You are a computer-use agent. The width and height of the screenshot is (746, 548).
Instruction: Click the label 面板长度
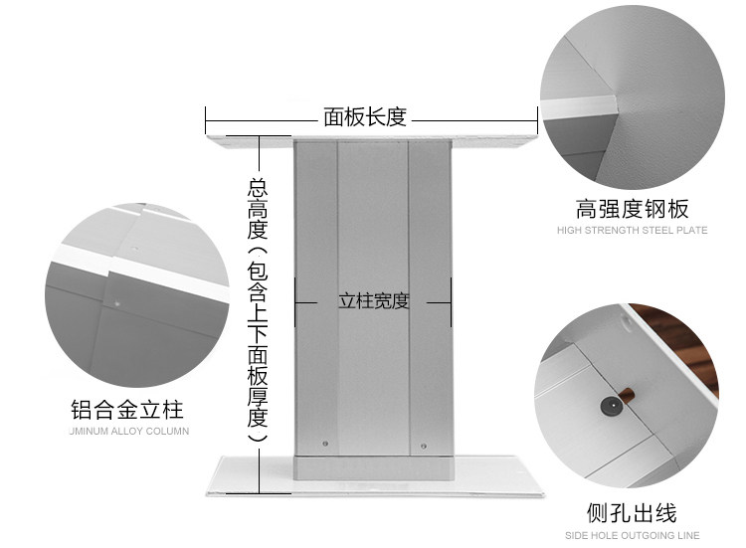pyautogui.click(x=365, y=117)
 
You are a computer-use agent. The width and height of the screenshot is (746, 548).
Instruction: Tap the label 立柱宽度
pyautogui.click(x=373, y=300)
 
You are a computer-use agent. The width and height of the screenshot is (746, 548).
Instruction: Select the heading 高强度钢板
pyautogui.click(x=632, y=209)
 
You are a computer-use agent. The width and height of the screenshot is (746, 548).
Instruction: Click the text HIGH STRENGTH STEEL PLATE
pyautogui.click(x=632, y=231)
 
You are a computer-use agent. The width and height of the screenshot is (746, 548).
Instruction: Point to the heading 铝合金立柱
pyautogui.click(x=126, y=410)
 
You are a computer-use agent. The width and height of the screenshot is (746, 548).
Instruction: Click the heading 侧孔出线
pyautogui.click(x=632, y=513)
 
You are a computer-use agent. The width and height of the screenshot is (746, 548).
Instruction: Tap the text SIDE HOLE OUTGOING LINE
pyautogui.click(x=632, y=535)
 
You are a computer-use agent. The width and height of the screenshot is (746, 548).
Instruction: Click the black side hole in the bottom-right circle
pyautogui.click(x=608, y=406)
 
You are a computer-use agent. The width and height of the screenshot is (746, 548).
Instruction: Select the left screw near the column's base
pyautogui.click(x=326, y=445)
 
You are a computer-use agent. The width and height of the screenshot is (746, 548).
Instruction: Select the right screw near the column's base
pyautogui.click(x=425, y=445)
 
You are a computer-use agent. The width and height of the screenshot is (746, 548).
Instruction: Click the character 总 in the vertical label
pyautogui.click(x=259, y=187)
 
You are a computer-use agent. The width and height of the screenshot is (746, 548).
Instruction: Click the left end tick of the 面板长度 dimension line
pyautogui.click(x=206, y=119)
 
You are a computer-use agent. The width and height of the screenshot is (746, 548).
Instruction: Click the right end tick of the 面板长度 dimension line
pyautogui.click(x=538, y=119)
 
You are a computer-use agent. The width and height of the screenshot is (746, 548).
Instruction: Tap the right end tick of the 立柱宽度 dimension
pyautogui.click(x=452, y=300)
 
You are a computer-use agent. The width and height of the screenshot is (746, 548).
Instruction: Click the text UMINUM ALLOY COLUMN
pyautogui.click(x=129, y=432)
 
